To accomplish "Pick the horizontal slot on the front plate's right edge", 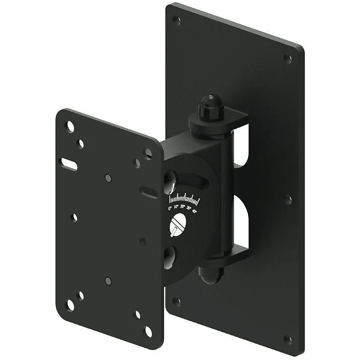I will coord(148,192).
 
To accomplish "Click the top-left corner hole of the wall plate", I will coord(176,20).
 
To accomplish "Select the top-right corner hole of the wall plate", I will coord(287,58).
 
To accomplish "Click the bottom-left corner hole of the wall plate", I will coord(176,301).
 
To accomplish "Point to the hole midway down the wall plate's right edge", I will coord(288,200).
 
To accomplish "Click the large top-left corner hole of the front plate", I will coord(70,126).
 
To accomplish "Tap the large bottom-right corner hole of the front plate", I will coord(148,331).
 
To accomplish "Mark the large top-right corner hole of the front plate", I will coord(148,153).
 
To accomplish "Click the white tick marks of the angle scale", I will coord(184,198).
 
